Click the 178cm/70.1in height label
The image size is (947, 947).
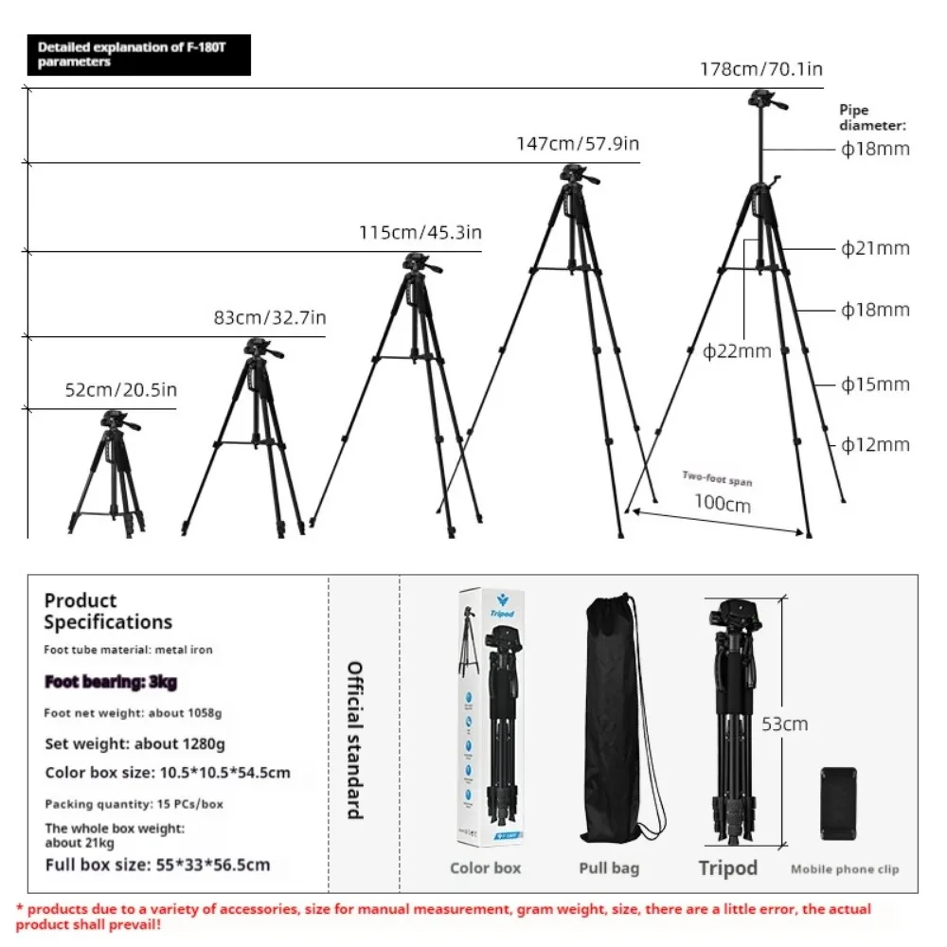(760, 69)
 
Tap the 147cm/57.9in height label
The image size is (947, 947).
(578, 144)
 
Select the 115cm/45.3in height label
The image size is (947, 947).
(420, 233)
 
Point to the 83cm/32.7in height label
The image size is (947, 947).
(270, 318)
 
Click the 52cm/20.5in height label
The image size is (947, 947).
(121, 389)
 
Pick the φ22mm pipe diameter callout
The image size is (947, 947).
(737, 351)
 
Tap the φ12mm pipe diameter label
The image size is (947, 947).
(875, 444)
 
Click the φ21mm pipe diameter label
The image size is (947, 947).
(875, 248)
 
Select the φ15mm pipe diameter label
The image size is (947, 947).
(875, 384)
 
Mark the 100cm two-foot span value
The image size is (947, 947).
(723, 503)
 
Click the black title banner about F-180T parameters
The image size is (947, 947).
(139, 55)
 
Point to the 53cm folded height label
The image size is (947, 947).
(785, 724)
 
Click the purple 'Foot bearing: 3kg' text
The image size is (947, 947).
(111, 682)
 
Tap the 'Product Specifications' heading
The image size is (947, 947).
(108, 611)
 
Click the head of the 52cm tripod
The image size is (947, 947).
(116, 420)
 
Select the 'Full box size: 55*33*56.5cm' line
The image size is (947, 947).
(157, 865)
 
